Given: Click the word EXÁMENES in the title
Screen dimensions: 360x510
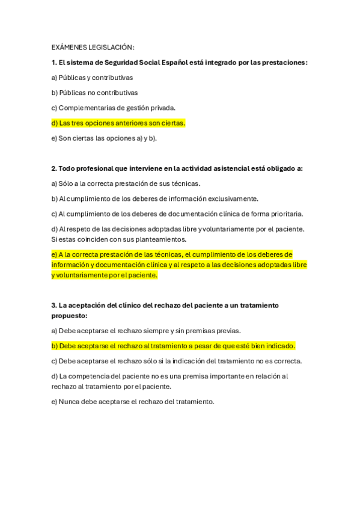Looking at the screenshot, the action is tap(69, 47).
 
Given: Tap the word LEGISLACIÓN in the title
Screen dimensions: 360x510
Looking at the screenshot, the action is tap(111, 47).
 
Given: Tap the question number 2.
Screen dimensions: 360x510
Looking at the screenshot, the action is tap(53, 168).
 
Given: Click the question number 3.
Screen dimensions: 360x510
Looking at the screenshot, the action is tap(53, 306).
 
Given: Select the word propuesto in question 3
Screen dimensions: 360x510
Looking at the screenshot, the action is tap(69, 315).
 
